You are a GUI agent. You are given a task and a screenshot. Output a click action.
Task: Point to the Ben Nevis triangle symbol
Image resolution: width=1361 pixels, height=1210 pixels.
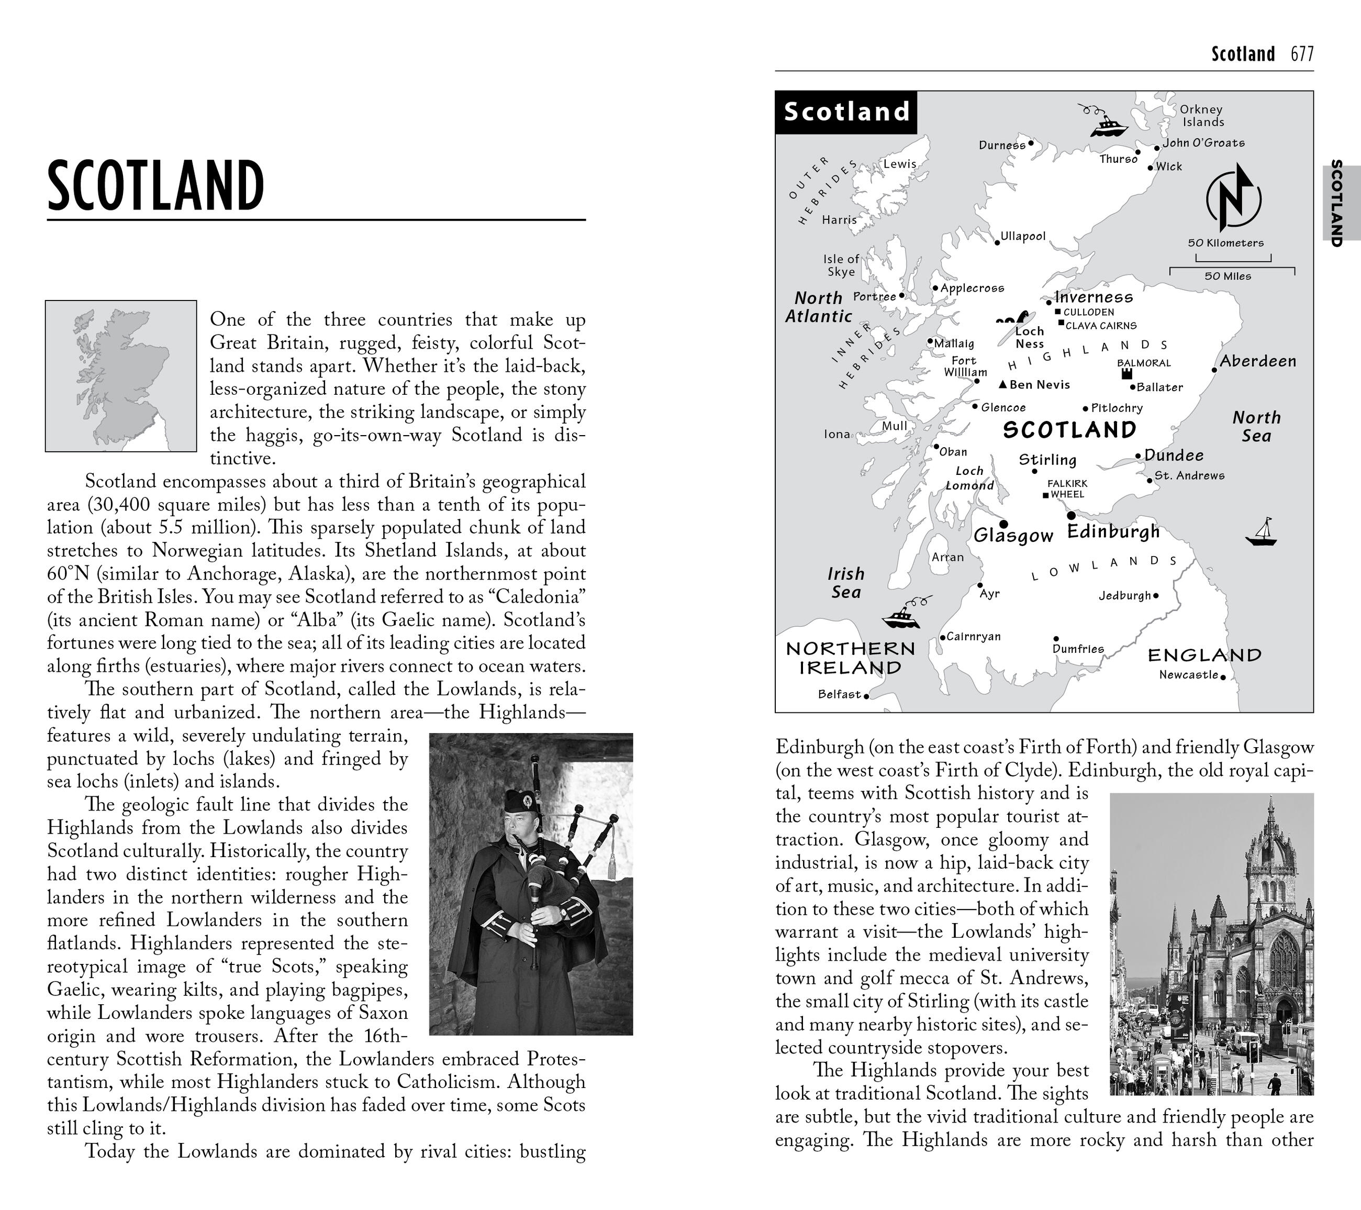click(1003, 385)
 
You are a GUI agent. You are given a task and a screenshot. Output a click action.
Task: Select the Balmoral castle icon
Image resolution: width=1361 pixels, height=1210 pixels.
click(1126, 374)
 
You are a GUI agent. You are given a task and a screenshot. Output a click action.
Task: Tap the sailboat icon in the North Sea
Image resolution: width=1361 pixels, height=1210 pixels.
click(1260, 533)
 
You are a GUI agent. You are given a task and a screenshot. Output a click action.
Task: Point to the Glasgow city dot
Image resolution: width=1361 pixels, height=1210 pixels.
click(1003, 524)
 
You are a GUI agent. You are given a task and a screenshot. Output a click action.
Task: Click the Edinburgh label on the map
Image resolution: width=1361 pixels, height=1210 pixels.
click(1113, 531)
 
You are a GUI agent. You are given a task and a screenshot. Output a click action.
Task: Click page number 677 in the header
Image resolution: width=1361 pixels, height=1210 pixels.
click(1302, 54)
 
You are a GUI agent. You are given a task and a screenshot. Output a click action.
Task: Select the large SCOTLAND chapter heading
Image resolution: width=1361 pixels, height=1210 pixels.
click(156, 186)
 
